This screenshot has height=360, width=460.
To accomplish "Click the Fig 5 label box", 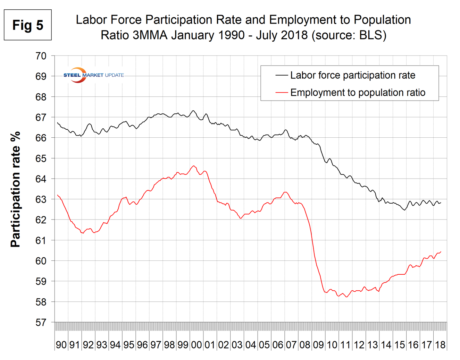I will [x=28, y=25].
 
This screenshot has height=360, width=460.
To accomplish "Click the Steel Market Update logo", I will [x=93, y=75].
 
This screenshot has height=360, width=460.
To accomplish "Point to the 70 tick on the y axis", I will [x=41, y=56].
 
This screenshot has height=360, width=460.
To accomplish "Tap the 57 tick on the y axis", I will [x=41, y=323].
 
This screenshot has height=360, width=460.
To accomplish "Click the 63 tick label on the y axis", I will [x=41, y=199].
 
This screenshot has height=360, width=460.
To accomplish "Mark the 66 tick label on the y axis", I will [x=41, y=138].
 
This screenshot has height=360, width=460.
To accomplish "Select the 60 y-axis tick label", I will [x=41, y=261].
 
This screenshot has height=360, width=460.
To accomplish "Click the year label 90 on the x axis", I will [x=61, y=345].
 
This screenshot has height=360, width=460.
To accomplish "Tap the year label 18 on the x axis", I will [x=440, y=345].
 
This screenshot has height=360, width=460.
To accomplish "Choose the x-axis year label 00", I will [x=196, y=345].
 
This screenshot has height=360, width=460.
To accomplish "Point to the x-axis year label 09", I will [x=318, y=345].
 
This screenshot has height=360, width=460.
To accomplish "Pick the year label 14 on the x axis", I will [x=386, y=345].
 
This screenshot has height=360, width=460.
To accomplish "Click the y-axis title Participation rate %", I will [x=16, y=189].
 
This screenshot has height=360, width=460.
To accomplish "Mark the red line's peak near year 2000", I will [x=194, y=166].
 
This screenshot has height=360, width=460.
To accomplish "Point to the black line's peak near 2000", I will [x=193, y=111].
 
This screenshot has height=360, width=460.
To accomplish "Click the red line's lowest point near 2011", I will [x=346, y=297].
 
